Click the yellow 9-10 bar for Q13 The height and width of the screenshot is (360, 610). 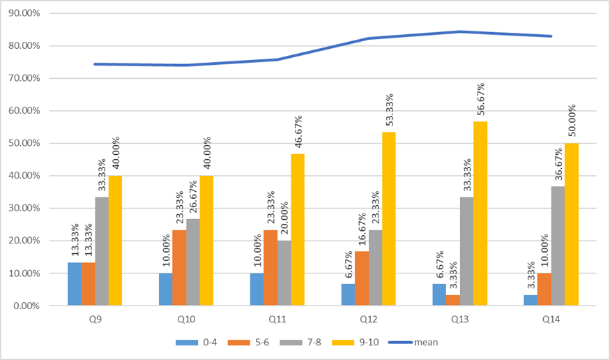pos(480,213)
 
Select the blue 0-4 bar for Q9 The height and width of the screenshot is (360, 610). pos(75,284)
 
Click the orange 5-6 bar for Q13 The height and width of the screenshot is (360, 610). pos(453,300)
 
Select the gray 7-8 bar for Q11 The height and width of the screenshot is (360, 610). pos(284,273)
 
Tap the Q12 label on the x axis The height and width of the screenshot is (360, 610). pos(368,320)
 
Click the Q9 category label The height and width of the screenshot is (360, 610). pos(94,320)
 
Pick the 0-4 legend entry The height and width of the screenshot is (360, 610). pos(198,343)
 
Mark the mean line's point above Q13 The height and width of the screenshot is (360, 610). pos(459,31)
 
